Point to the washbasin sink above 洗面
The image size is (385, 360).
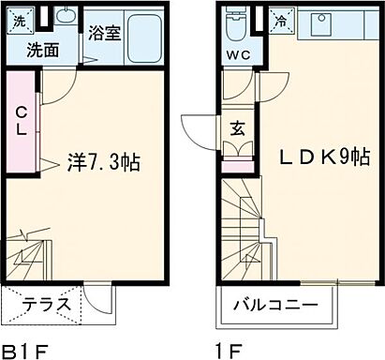pyautogui.click(x=65, y=18)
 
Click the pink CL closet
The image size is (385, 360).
pyautogui.click(x=19, y=122)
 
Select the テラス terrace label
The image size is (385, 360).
pyautogui.click(x=43, y=304)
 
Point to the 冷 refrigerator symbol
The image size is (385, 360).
pyautogui.click(x=282, y=19)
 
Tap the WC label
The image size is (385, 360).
pyautogui.click(x=237, y=52)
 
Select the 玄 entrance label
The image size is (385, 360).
pyautogui.click(x=238, y=127)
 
